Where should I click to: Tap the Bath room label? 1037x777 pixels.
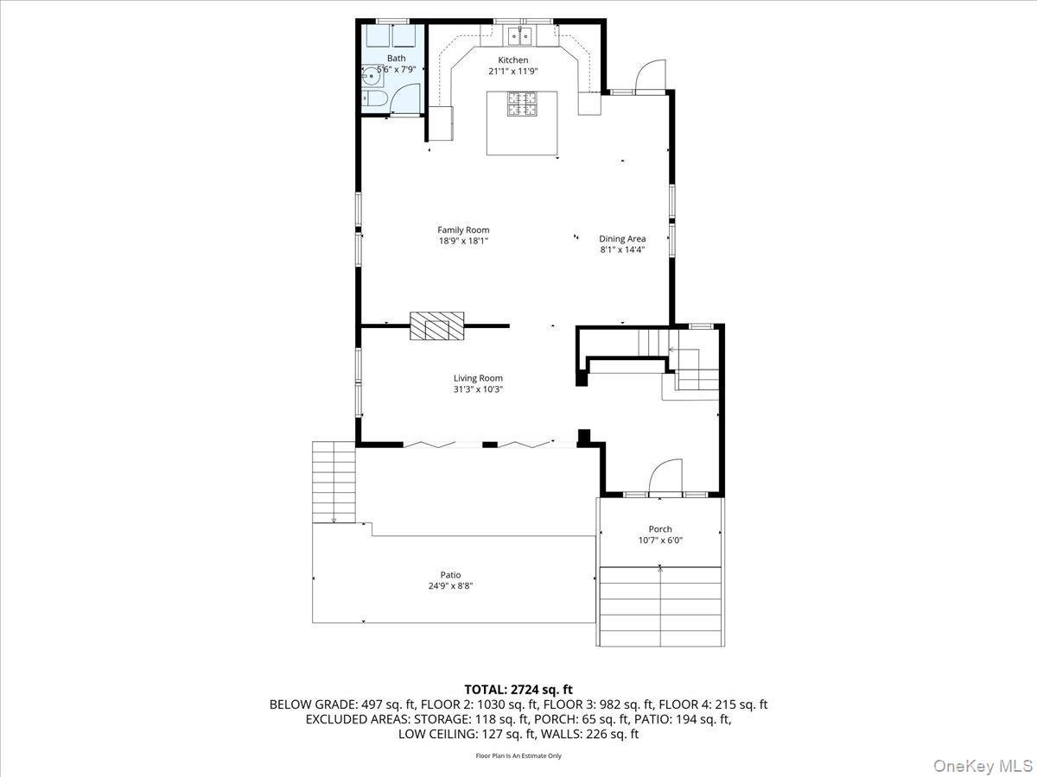coord(396,58)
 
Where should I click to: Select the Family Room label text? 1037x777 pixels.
coord(463,230)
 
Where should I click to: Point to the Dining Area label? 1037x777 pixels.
coord(622,239)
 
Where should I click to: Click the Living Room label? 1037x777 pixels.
coord(478,378)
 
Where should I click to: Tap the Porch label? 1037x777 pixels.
coord(660,529)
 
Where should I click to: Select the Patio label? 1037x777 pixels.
coord(450,575)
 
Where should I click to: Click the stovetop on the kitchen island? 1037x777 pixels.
coord(521,104)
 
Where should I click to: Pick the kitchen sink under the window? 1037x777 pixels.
coord(520,35)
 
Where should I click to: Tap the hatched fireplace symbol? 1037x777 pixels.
coord(436,326)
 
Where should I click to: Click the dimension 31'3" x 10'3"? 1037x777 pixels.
coord(478,389)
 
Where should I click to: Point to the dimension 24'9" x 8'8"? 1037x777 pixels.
coord(450,586)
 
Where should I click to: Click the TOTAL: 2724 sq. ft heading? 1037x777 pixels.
coord(518,689)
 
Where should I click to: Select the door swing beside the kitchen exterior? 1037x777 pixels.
coord(650,76)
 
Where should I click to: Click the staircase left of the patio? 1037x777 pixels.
coord(334,481)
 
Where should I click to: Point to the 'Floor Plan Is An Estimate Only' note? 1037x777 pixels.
coord(518,755)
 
